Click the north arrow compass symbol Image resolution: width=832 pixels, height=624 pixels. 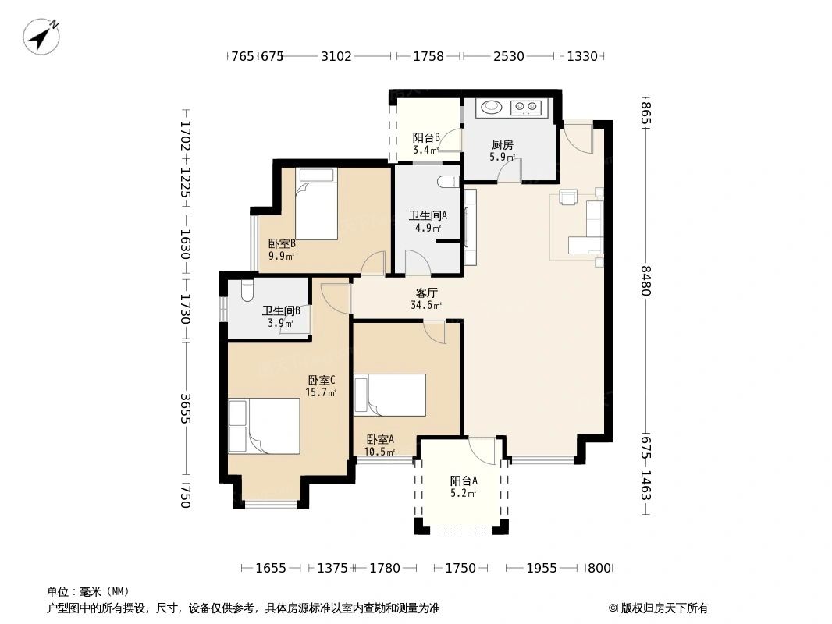(42, 36)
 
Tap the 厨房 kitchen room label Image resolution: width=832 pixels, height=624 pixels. (502, 144)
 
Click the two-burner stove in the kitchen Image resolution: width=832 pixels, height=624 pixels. (524, 107)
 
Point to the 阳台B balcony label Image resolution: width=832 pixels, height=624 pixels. (426, 138)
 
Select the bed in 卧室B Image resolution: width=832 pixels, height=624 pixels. (316, 209)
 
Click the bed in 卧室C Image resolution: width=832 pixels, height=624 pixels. (264, 426)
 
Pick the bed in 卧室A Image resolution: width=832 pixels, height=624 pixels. (390, 395)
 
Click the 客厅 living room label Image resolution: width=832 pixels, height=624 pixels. (426, 293)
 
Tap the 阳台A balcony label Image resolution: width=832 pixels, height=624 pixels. (464, 480)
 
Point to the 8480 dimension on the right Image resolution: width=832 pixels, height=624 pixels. (645, 280)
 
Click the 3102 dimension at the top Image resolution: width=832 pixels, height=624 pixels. (336, 56)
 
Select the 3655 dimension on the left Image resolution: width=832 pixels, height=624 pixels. (185, 408)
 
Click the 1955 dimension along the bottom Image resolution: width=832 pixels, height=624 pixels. (542, 568)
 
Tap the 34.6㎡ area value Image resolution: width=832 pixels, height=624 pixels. (426, 306)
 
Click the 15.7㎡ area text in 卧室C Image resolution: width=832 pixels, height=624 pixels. (322, 392)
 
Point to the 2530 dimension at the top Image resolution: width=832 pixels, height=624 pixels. (509, 56)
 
